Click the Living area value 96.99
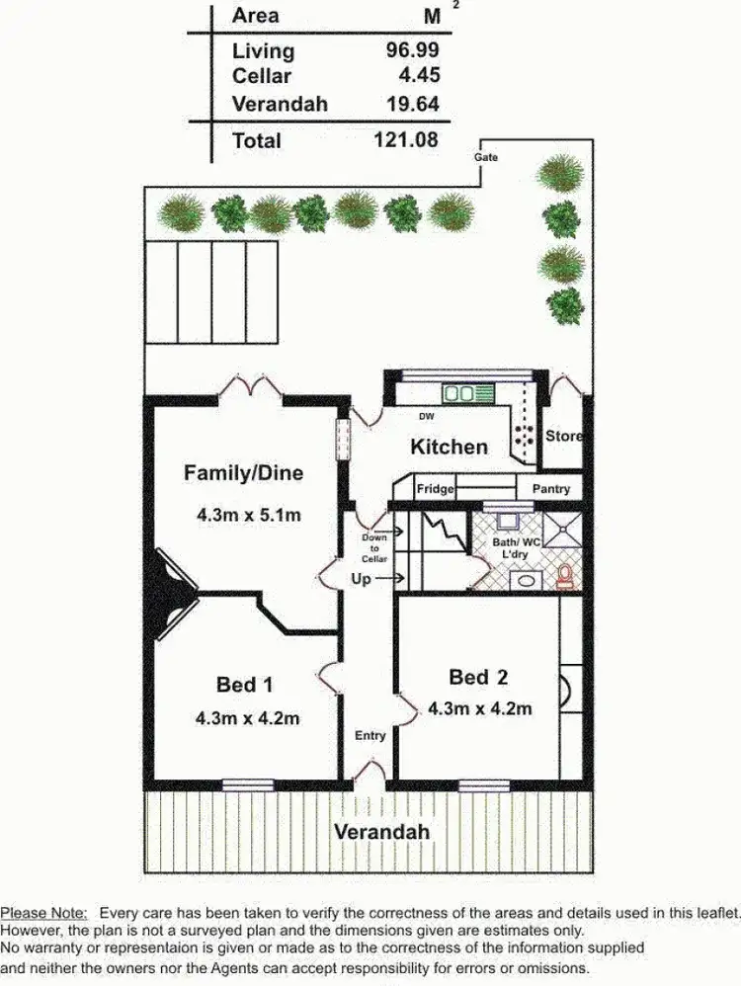[x=412, y=49]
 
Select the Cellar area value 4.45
[x=419, y=75]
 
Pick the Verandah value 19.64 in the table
[x=412, y=104]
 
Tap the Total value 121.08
[x=405, y=140]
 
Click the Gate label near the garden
[x=486, y=157]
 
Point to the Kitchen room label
[x=450, y=447]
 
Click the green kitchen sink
[x=458, y=393]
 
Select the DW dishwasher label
[x=427, y=417]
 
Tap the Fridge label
[x=435, y=489]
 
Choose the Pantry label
[x=550, y=489]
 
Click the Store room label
[x=564, y=436]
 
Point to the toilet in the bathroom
[x=566, y=576]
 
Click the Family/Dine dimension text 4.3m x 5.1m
[x=247, y=515]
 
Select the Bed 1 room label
[x=244, y=685]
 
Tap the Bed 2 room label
[x=478, y=677]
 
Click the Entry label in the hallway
[x=370, y=735]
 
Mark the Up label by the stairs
[x=362, y=579]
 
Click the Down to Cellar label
[x=374, y=549]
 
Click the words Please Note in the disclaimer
[x=43, y=915]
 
